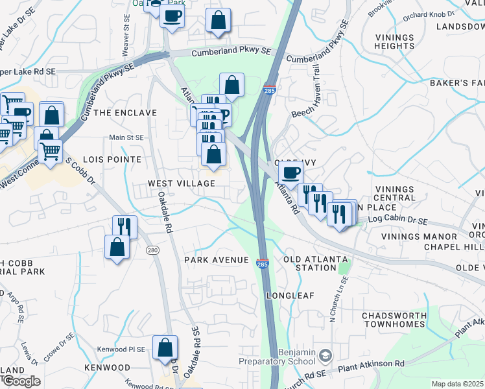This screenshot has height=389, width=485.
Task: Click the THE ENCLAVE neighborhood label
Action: pyautogui.click(x=125, y=113)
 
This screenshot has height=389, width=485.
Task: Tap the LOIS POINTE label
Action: pyautogui.click(x=112, y=159)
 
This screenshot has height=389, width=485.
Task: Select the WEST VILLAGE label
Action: pyautogui.click(x=181, y=184)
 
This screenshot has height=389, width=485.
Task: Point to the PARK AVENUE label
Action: pyautogui.click(x=216, y=260)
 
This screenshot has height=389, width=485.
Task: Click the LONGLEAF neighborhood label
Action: pyautogui.click(x=290, y=296)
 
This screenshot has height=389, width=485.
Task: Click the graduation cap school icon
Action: pyautogui.click(x=325, y=356)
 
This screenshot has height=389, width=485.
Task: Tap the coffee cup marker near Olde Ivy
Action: pyautogui.click(x=291, y=173)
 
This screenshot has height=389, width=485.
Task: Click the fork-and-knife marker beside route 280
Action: pyautogui.click(x=124, y=227)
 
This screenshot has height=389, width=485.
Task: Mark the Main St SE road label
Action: pyautogui.click(x=126, y=137)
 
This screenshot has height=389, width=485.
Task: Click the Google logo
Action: pyautogui.click(x=21, y=381)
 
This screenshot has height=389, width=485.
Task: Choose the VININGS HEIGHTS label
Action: pyautogui.click(x=394, y=41)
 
